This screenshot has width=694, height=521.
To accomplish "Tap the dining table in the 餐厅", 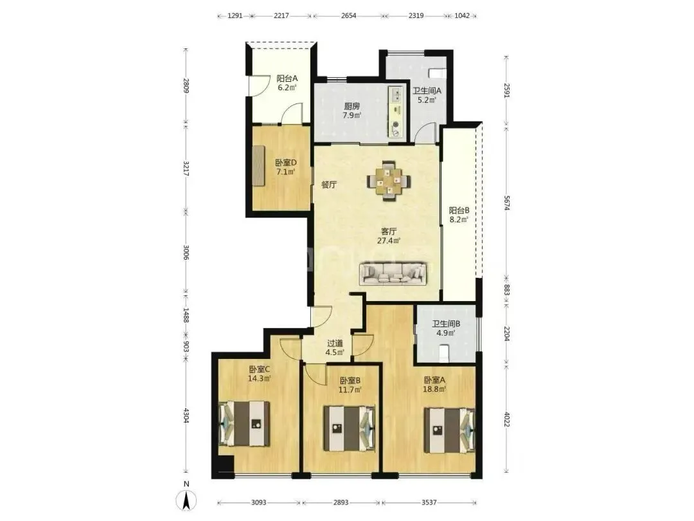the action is pos(389,181).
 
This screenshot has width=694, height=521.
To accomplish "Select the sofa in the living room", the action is pos(393,273).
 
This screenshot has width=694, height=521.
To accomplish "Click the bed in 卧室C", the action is pos(244,423).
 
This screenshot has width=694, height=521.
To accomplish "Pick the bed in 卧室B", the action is pos(350,428).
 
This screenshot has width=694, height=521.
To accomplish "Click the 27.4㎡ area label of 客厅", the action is pos(389,241).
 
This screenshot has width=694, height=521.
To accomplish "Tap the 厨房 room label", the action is pos(352,106).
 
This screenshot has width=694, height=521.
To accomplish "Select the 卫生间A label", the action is pos(427,91).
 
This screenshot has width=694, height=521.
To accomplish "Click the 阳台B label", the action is pos(459,210).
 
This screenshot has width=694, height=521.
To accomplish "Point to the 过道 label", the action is pos(335,343).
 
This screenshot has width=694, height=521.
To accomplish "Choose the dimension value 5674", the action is pos(507,203).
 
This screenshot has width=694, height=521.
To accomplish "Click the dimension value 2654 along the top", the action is pos(348,15).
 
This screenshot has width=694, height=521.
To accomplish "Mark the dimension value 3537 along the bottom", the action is pos(429,502).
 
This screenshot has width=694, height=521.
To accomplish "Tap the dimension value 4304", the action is pos(186,415).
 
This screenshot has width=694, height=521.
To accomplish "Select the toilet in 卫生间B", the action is pos(443,352).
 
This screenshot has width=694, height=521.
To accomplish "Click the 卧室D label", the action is pos(285,163).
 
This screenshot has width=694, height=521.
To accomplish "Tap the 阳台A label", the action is pos(287,78).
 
